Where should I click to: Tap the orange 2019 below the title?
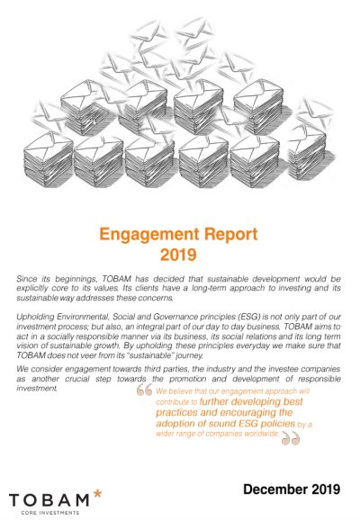coord(178,255)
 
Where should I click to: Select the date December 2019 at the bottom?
coord(292,489)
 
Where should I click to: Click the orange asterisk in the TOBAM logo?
coord(97,494)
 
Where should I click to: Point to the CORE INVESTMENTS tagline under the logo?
coord(49,513)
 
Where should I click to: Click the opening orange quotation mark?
coord(144,390)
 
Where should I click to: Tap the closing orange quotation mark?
coord(291,439)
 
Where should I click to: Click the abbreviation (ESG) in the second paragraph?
coord(252,317)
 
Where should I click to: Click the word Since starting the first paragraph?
coord(26,279)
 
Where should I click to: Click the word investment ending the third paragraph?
coord(37,388)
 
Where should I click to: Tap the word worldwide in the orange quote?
coord(263,434)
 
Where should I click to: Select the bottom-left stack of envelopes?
coord(48,158)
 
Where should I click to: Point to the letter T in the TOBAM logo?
coord(15,500)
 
